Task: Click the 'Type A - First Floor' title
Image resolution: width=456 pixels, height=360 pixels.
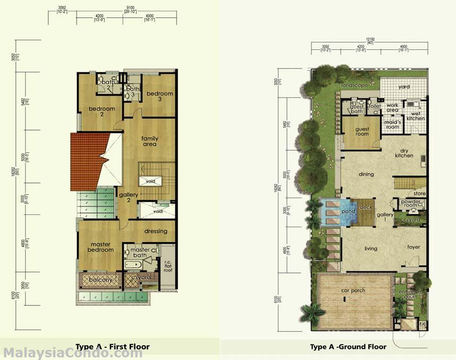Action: [112, 347]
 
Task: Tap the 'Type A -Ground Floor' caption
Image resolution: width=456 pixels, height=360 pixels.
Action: [348, 347]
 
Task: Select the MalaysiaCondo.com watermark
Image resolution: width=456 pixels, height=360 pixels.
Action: [73, 353]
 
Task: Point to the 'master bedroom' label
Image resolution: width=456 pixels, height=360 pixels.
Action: [100, 246]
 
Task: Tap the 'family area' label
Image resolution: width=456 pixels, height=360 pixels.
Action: [150, 141]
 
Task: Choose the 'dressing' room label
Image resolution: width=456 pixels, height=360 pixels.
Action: [156, 231]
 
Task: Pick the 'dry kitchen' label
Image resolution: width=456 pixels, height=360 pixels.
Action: [404, 153]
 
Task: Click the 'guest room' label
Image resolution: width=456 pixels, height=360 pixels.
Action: [362, 131]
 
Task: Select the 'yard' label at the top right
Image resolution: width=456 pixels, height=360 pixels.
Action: [404, 86]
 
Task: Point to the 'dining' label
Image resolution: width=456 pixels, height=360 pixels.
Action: [366, 174]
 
